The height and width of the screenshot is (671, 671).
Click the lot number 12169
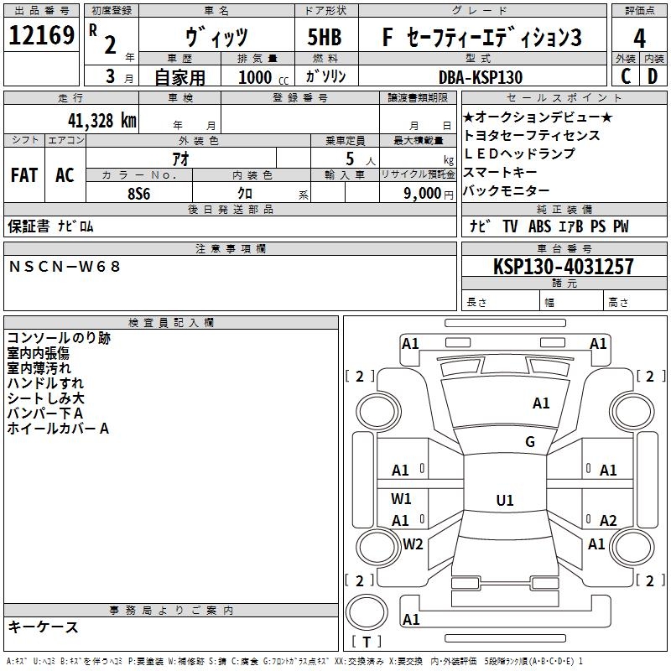click(x=40, y=37)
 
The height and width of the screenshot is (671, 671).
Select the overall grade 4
click(x=639, y=39)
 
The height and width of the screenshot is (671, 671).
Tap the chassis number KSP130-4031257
click(x=563, y=267)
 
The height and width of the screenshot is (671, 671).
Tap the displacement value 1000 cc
click(x=261, y=77)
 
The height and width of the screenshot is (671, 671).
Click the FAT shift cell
click(x=24, y=174)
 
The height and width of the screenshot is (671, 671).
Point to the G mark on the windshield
click(x=530, y=442)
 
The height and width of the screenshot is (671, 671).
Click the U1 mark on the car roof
click(x=504, y=501)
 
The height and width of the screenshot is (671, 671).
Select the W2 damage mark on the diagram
click(x=413, y=544)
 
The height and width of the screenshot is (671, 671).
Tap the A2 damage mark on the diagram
click(x=608, y=520)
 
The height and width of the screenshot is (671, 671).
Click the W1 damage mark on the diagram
click(x=401, y=498)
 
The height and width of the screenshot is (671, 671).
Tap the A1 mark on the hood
click(x=541, y=403)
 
